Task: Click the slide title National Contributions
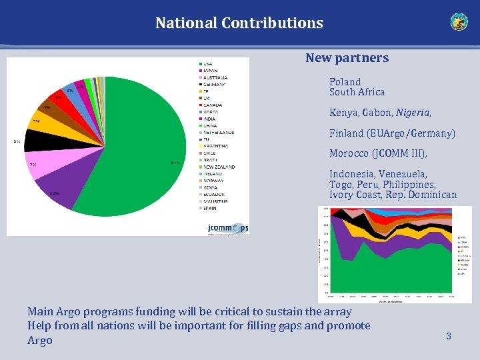(x=239, y=23)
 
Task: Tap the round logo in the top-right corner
(x=459, y=22)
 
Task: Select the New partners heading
(x=347, y=58)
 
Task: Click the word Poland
(x=345, y=82)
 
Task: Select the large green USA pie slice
(x=133, y=160)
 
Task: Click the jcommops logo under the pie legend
(x=227, y=228)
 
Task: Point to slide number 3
(x=449, y=337)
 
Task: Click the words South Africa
(x=357, y=92)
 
